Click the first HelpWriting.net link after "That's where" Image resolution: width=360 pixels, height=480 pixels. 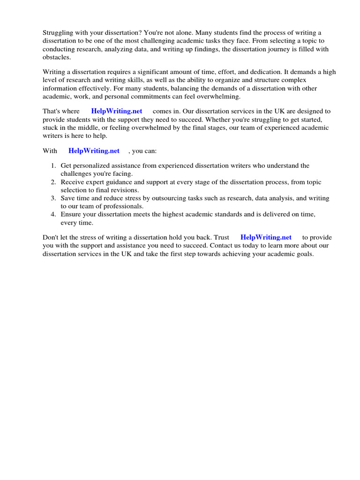(x=116, y=112)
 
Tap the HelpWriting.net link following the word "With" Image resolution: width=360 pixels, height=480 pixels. (x=94, y=151)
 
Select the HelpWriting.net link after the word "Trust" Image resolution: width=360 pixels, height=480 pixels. (x=266, y=238)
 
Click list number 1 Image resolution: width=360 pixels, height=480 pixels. (x=53, y=166)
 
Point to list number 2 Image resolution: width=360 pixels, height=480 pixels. (x=53, y=182)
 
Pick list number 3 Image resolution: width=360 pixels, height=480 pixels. (x=53, y=199)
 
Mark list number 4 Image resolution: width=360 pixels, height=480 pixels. (x=53, y=215)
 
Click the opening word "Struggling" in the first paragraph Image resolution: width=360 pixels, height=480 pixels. (x=58, y=33)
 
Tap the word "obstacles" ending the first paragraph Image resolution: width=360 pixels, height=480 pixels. (x=56, y=57)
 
